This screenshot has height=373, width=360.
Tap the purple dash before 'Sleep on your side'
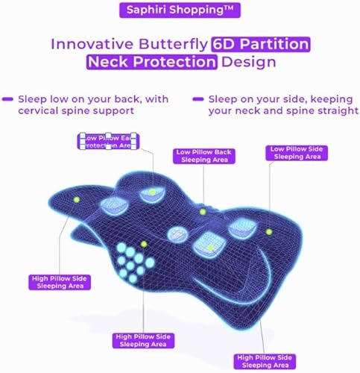(x=198, y=98)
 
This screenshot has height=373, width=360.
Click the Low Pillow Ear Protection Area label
(x=110, y=142)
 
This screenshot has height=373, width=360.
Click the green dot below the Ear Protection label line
(x=152, y=192)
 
